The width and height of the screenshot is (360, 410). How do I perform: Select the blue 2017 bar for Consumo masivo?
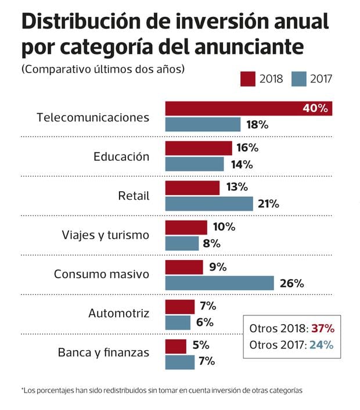point(219,283)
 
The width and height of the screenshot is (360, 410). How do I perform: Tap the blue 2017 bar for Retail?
point(209,203)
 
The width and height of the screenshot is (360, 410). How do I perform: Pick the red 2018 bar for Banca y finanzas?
point(175,346)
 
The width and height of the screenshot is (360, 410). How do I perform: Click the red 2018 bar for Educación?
point(199,148)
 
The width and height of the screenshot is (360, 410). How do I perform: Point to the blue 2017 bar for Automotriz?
point(178,322)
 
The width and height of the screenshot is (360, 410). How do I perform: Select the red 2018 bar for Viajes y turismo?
point(186,228)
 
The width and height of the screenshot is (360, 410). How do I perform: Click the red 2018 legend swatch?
point(248,78)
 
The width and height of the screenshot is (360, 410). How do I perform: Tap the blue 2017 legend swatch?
point(298,78)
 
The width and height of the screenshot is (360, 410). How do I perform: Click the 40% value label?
point(315,109)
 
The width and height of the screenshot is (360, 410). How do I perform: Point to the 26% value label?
point(291,283)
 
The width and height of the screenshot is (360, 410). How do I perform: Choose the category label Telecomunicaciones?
point(93,117)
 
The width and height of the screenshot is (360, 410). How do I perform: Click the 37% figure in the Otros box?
point(322,328)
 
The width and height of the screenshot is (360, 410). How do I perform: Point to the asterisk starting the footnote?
point(23,389)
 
